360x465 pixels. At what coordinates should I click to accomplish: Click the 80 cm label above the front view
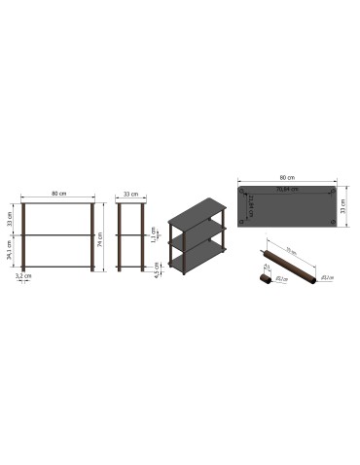[x=57, y=195]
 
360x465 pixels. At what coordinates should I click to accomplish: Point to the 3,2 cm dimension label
[x=21, y=276]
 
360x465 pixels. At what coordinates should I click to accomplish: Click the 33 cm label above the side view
[x=130, y=195]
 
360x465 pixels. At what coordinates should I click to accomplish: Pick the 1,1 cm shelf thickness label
[x=154, y=234]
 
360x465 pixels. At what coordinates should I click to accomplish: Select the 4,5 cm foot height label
[x=158, y=268]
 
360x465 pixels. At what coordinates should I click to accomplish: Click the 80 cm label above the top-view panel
[x=286, y=178]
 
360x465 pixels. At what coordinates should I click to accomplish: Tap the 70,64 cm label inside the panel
[x=286, y=190]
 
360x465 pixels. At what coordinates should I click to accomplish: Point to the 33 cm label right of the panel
[x=343, y=207]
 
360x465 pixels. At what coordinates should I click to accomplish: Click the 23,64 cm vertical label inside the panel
[x=251, y=205]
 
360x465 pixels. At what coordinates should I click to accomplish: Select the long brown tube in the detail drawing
[x=292, y=264]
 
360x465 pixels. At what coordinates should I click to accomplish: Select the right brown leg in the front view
[x=93, y=238]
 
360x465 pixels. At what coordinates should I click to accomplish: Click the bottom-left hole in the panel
[x=241, y=225]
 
